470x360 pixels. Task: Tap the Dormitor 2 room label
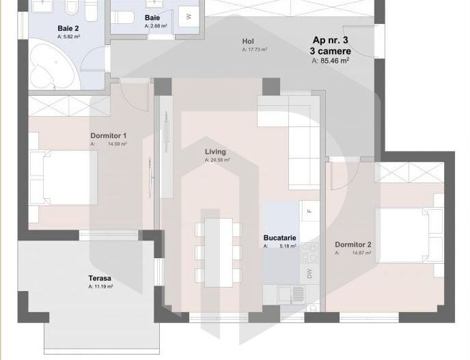click(352, 245)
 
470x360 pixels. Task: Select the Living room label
click(215, 152)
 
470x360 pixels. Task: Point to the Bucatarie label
click(280, 238)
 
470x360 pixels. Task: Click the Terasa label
click(100, 279)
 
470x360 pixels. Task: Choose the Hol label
click(248, 41)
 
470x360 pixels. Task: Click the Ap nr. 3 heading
click(331, 40)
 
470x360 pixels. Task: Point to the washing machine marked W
click(189, 16)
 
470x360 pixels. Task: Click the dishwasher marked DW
click(309, 273)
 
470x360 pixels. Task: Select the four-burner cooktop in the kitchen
click(310, 252)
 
